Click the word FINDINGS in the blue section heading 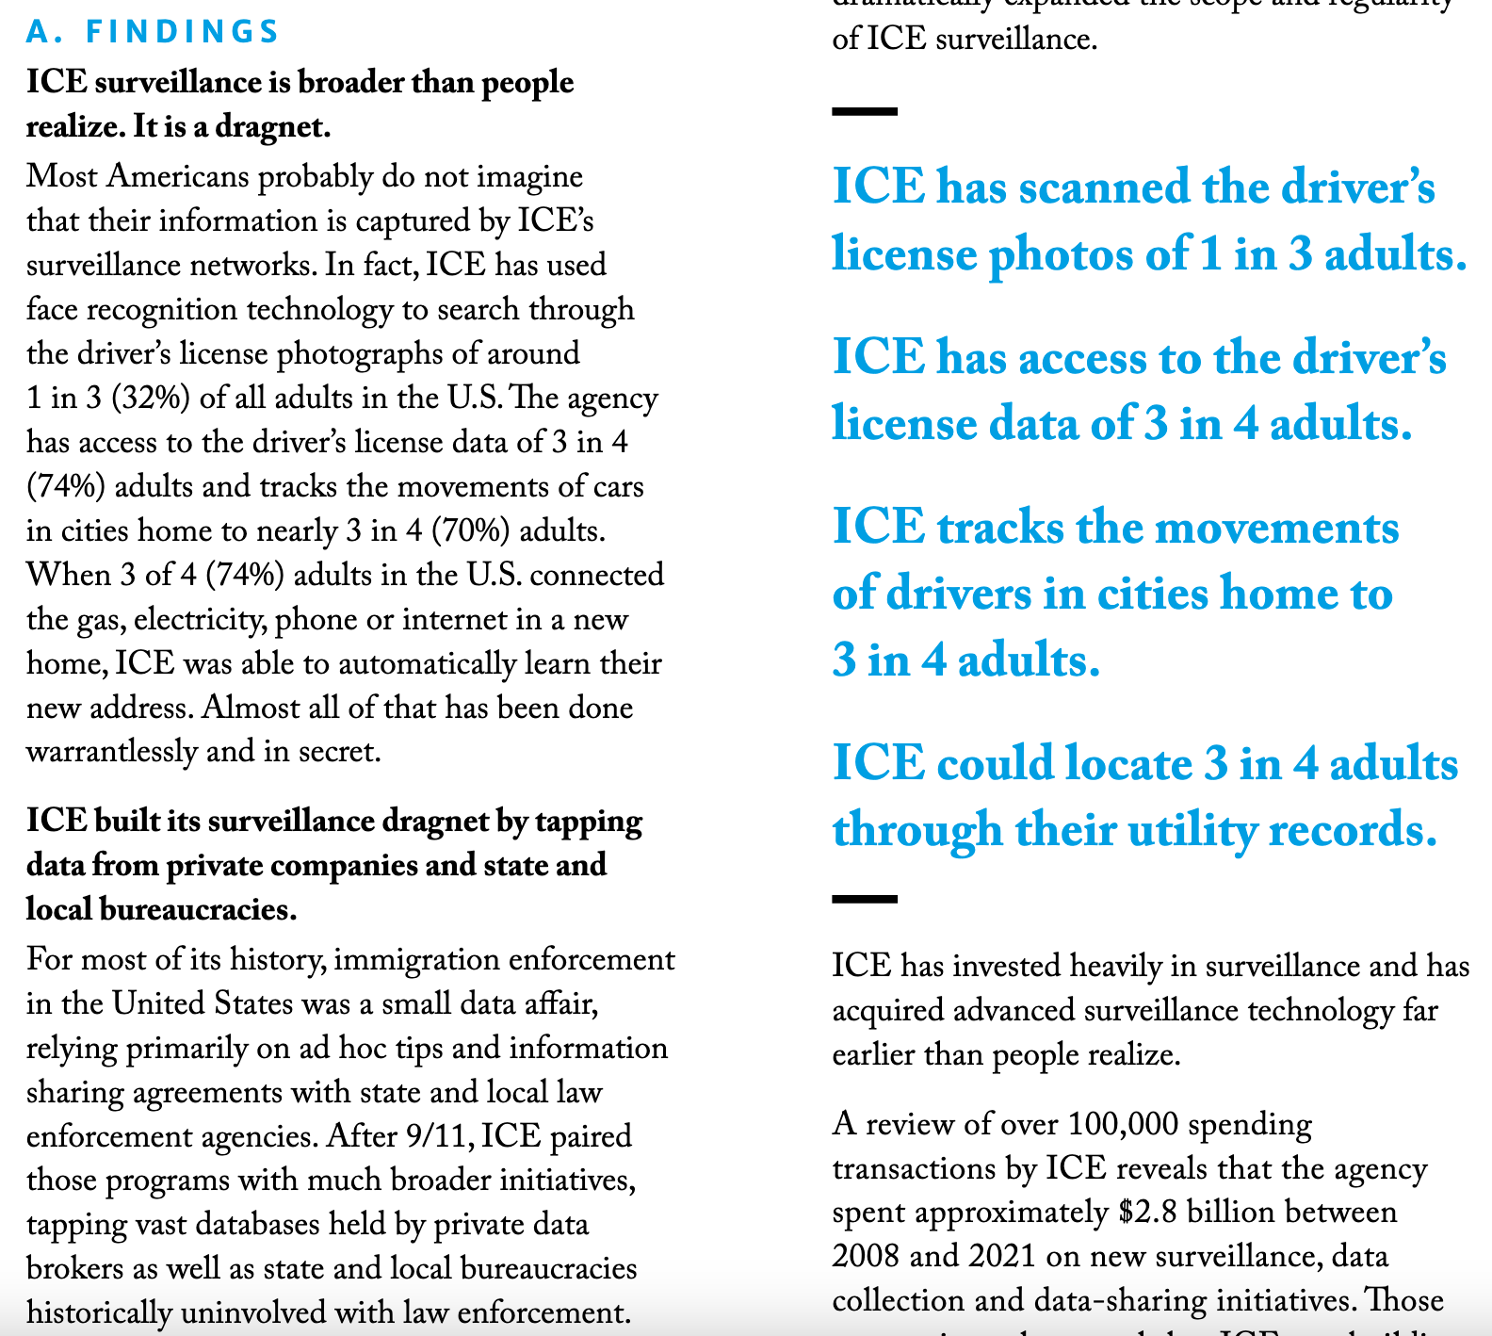tap(183, 31)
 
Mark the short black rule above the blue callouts tap(865, 111)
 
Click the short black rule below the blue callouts tap(865, 899)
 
